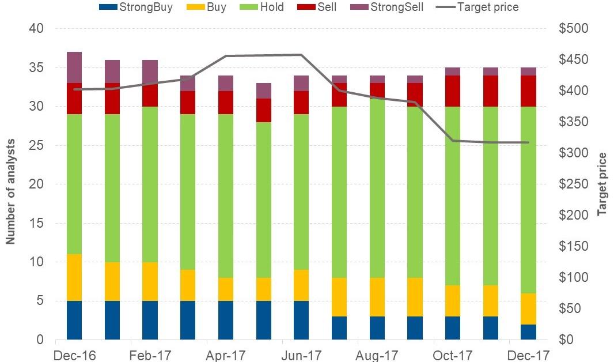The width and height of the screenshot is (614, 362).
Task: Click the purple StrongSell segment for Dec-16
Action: click(74, 67)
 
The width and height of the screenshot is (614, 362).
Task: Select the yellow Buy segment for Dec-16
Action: click(74, 277)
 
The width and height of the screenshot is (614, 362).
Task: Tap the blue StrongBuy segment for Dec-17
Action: click(528, 332)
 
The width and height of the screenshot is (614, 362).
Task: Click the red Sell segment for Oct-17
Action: click(453, 91)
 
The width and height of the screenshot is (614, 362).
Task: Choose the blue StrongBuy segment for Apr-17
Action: click(226, 320)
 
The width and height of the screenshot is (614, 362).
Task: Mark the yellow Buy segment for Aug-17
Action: click(377, 297)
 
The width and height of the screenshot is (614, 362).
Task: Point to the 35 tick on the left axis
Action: click(36, 68)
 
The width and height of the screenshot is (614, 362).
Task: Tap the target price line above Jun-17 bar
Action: click(301, 55)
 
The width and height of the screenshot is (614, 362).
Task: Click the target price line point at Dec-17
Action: click(528, 142)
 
